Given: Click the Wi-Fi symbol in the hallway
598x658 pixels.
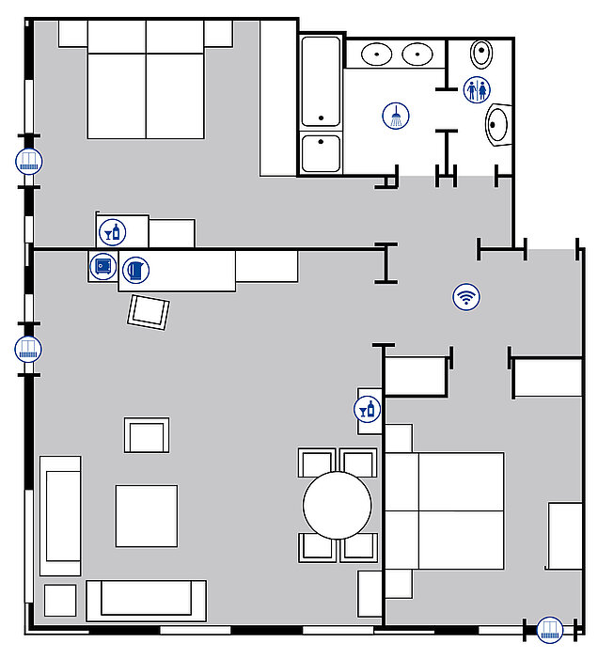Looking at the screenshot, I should (465, 297).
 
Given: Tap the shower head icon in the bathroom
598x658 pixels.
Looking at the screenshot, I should (397, 117).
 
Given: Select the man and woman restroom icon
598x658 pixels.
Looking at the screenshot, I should (478, 90).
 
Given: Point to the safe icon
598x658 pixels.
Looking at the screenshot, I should (102, 267).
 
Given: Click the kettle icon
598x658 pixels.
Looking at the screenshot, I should (136, 270).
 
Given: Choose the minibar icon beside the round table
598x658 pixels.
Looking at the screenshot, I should (367, 410).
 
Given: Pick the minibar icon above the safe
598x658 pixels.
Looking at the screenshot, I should (112, 230).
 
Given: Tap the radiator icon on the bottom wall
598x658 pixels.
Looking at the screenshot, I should (549, 629).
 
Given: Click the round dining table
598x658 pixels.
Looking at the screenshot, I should (338, 505).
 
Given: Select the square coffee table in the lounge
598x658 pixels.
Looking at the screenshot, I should (147, 515).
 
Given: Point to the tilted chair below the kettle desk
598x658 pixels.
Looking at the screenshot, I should (149, 312).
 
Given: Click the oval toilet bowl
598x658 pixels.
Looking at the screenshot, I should (482, 54).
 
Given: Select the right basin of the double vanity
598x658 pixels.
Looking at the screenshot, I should (417, 54).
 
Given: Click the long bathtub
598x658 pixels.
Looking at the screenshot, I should (321, 82).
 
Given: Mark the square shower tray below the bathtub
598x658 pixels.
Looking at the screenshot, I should (321, 153).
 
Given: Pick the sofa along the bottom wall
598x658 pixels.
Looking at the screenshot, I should (146, 600).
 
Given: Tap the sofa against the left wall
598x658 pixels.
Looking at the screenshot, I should (59, 515).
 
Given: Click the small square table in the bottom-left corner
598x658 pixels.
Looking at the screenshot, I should (60, 600).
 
